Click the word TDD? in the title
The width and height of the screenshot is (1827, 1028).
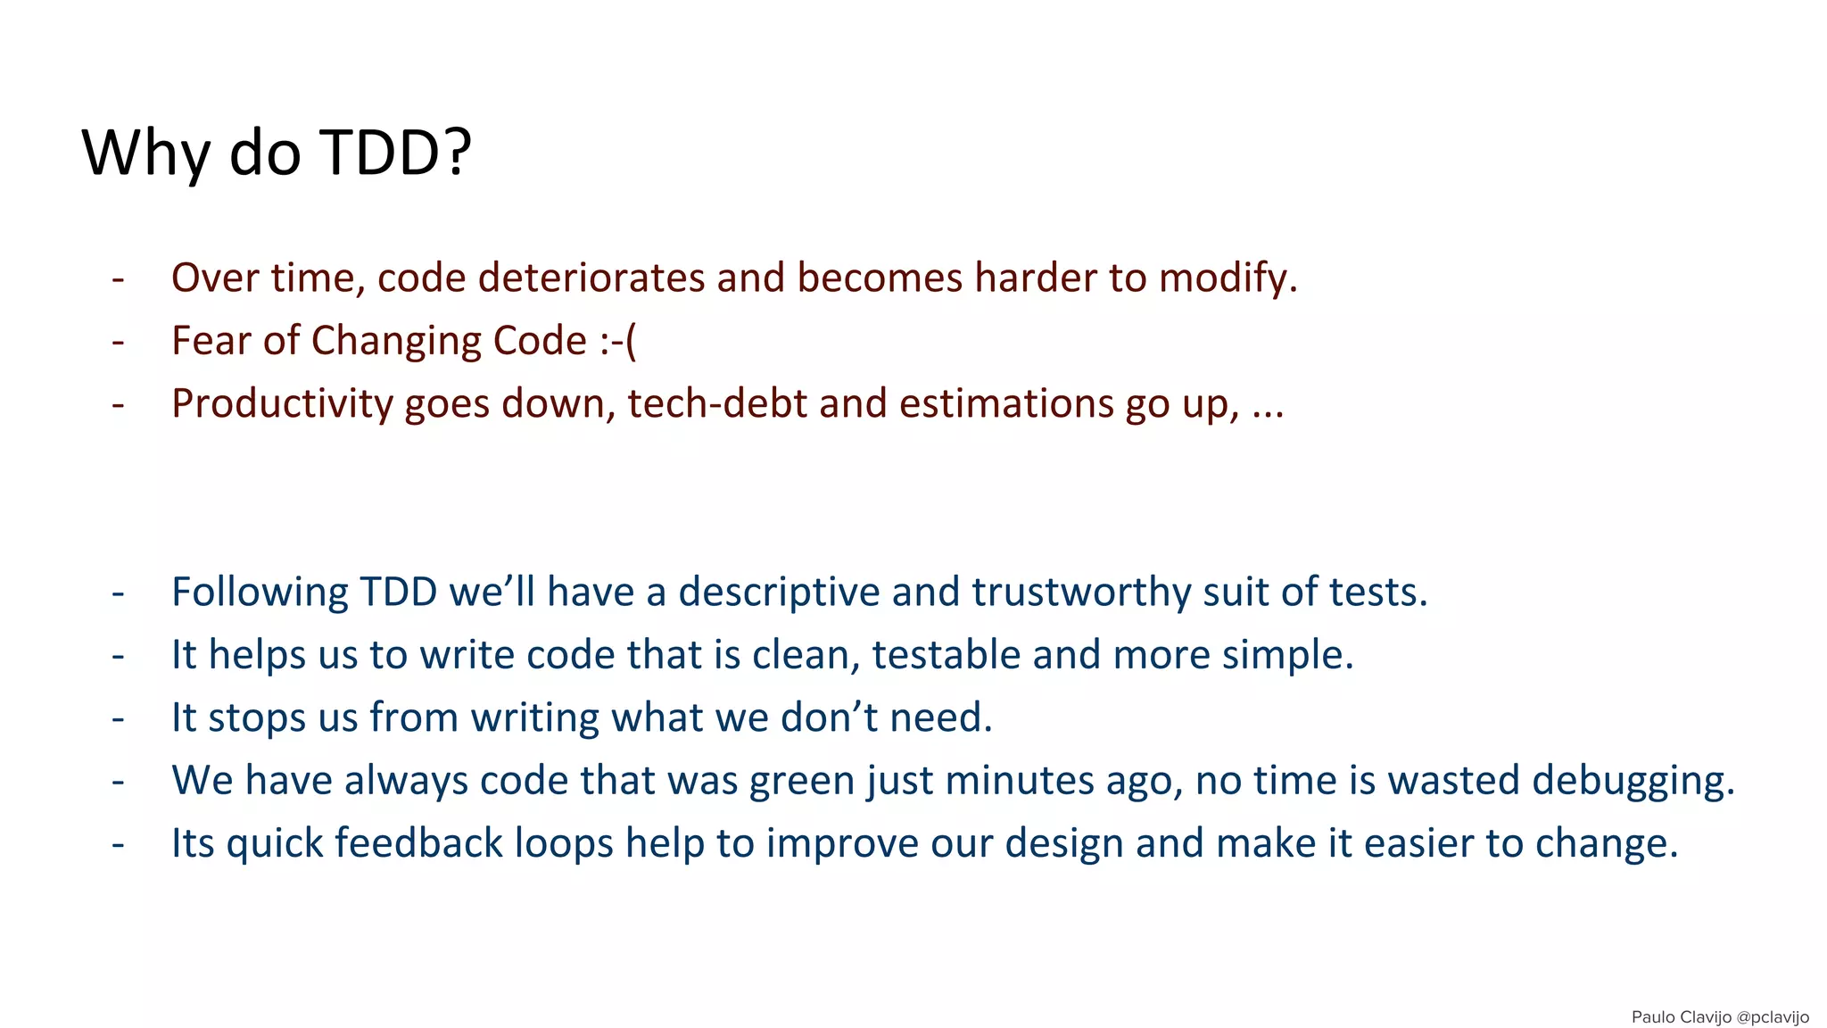(x=395, y=153)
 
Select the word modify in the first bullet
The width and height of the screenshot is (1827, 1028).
(x=1228, y=278)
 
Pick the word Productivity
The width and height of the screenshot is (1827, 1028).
(x=282, y=403)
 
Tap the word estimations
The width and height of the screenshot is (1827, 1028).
(x=1005, y=403)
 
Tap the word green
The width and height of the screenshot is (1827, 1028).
(x=802, y=781)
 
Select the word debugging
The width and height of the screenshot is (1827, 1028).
(x=1633, y=781)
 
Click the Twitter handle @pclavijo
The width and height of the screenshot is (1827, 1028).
(x=1773, y=1017)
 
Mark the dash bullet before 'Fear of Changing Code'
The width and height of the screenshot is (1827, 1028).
(x=118, y=341)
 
